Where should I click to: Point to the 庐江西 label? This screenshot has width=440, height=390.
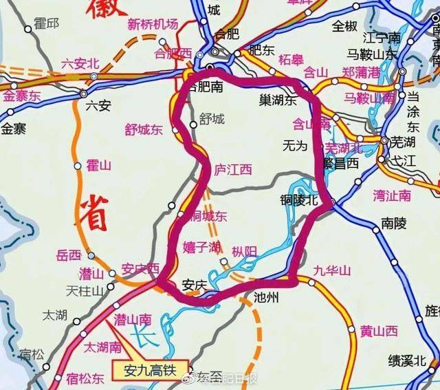point(234,169)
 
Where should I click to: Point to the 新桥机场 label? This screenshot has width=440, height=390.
point(153,24)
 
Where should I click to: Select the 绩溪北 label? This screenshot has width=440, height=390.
point(407,360)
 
